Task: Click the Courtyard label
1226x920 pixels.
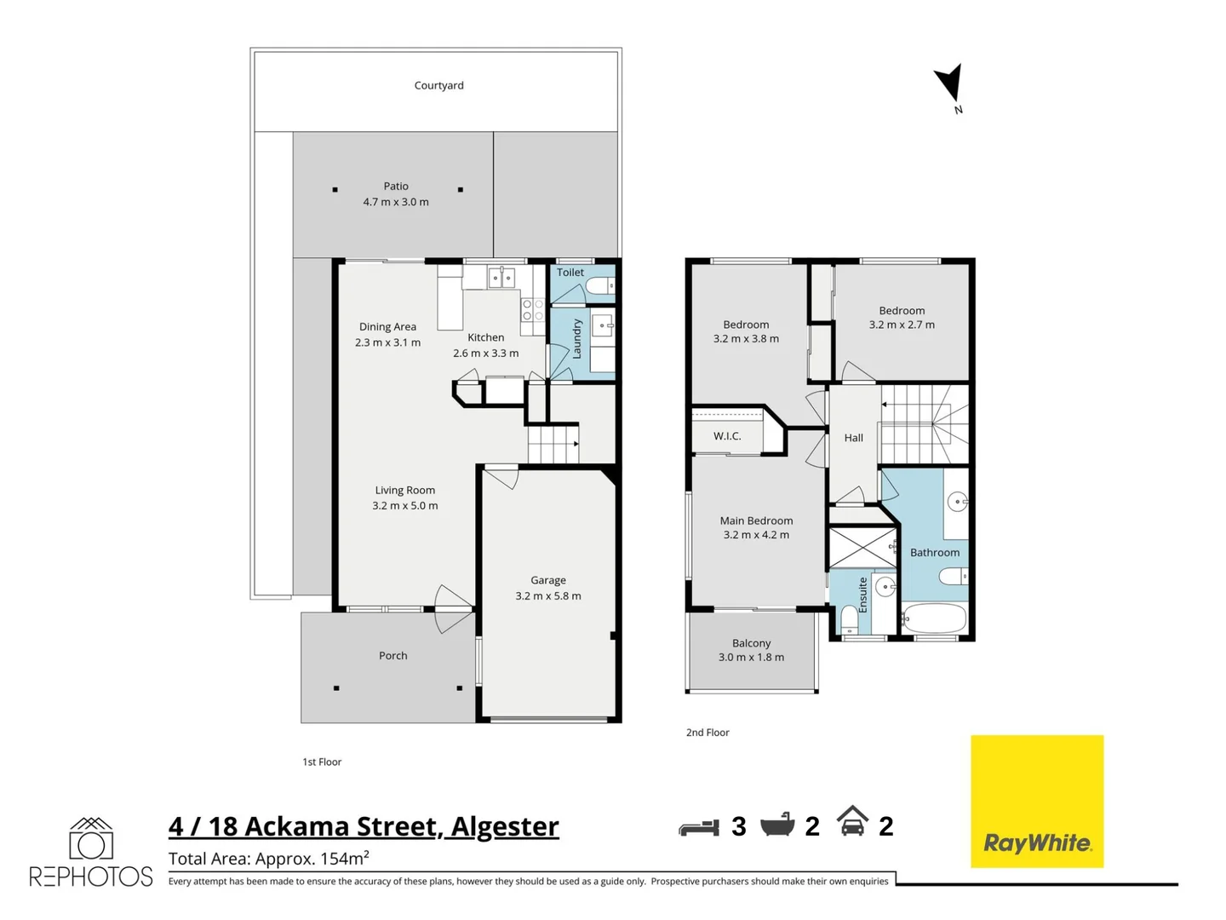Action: coord(438,85)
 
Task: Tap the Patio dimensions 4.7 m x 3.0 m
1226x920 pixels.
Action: coord(396,202)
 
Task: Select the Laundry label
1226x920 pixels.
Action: coord(576,339)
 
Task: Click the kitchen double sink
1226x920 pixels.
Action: coord(501,278)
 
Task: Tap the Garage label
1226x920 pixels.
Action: coord(548,580)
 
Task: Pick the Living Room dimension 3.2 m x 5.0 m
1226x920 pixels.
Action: coord(405,506)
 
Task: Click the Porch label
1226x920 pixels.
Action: coord(392,656)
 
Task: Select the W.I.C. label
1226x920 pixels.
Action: coord(727,436)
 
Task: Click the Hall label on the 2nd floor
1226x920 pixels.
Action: coord(853,438)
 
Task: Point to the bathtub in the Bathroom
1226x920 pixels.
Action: coord(934,618)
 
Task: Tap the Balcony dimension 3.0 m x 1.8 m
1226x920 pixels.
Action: coord(751,658)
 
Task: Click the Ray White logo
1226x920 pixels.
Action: coord(1037,802)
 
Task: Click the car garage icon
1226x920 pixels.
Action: coord(852,822)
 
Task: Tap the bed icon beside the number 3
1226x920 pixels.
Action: coord(699,827)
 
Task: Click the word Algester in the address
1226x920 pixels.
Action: coord(505,827)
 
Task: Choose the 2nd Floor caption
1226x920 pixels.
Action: coord(708,733)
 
